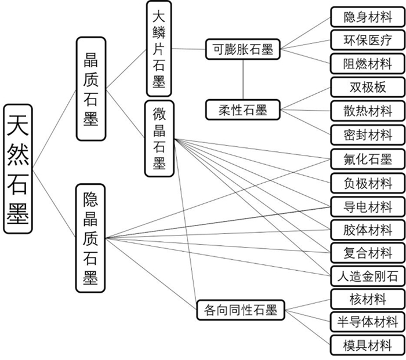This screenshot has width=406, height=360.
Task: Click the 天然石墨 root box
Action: [18, 169]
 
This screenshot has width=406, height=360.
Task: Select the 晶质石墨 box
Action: [91, 88]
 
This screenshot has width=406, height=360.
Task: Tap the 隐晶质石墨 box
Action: [90, 238]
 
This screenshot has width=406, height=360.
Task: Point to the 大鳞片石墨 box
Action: [159, 49]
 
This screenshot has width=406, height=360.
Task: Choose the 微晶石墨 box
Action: [159, 138]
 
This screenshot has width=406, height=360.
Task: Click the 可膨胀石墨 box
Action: [243, 49]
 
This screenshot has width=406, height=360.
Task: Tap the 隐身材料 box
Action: [368, 16]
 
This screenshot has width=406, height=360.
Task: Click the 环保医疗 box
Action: [368, 40]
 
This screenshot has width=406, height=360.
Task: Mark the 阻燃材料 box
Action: [368, 63]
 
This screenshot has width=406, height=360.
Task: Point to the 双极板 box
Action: [368, 88]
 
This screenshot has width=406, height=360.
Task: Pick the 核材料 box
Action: [368, 299]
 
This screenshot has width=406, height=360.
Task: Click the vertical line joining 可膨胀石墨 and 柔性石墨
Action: [243, 79]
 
